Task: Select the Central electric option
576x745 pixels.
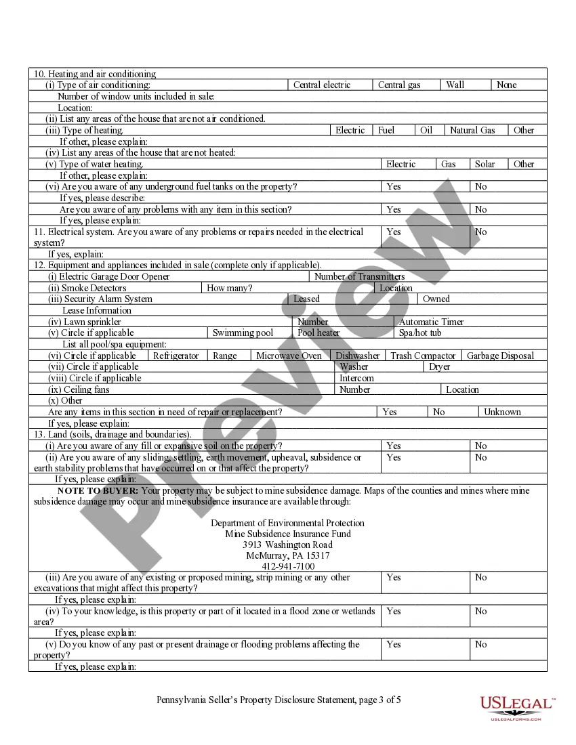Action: tap(322, 85)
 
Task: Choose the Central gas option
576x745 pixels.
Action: tap(399, 85)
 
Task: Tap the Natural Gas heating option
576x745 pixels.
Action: tap(472, 130)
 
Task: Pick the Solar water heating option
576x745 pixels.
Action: tap(485, 164)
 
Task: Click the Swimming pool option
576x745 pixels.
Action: tap(243, 333)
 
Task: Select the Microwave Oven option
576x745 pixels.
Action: tap(289, 356)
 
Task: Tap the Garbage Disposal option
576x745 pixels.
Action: tap(500, 356)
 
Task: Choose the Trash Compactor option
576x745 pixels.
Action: tap(423, 356)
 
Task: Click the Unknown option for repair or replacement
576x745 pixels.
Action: tap(502, 412)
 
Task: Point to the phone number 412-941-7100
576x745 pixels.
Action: tap(288, 566)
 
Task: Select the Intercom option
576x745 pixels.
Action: tap(356, 378)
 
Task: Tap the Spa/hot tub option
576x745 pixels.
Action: tap(419, 333)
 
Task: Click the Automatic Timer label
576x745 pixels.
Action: tap(431, 322)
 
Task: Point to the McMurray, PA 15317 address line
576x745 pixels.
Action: tap(288, 555)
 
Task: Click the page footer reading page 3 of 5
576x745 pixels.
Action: tap(279, 700)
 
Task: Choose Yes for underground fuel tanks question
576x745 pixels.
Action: tap(394, 186)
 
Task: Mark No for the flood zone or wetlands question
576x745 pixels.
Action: tap(480, 611)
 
